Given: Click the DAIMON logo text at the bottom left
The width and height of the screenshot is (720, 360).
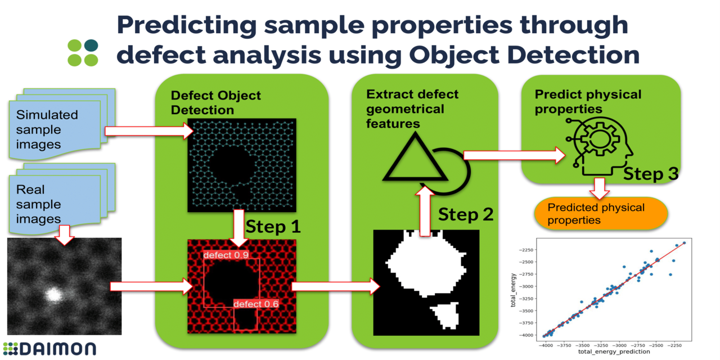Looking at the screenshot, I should (50, 348).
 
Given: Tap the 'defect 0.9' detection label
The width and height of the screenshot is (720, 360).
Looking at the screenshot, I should (226, 255).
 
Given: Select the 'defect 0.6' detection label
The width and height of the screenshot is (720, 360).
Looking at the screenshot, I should (256, 304).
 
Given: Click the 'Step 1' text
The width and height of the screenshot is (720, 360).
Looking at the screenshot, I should (273, 227).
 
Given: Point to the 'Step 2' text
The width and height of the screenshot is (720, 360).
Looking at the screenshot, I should (466, 214).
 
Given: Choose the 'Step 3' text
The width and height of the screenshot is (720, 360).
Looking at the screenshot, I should (650, 174).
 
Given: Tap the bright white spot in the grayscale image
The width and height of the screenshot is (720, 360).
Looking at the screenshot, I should (53, 294).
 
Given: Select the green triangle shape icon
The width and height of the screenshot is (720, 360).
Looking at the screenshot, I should (409, 160).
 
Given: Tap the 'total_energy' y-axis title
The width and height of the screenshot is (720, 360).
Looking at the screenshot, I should (514, 290).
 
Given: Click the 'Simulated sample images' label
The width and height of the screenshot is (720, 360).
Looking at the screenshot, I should (47, 130).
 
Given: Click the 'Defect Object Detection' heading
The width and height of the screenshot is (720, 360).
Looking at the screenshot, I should (215, 102).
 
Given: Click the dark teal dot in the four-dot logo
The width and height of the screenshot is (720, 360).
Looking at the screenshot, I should (91, 46).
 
